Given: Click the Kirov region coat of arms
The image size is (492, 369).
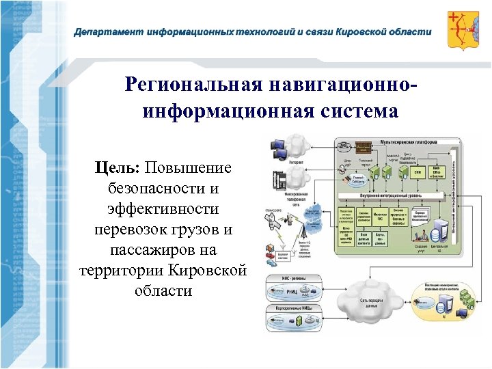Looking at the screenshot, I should pyautogui.click(x=463, y=29).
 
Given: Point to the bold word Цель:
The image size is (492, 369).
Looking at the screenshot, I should pyautogui.click(x=117, y=168).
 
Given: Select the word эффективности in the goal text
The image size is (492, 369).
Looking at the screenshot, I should pyautogui.click(x=163, y=209).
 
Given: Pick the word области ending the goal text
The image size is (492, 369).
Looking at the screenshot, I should pyautogui.click(x=163, y=291).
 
